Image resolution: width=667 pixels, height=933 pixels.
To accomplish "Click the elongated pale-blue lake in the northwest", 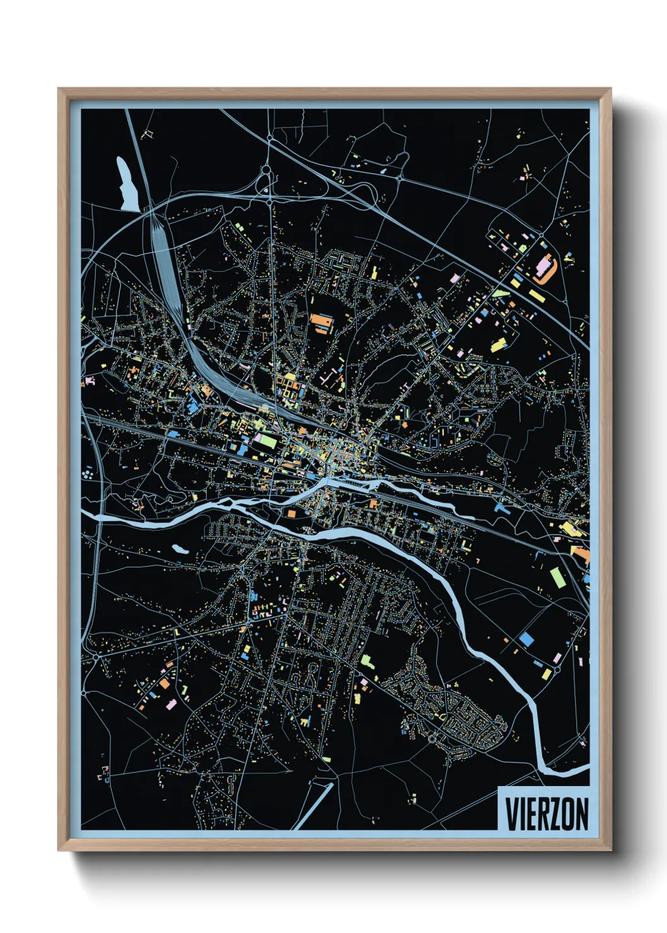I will (x=126, y=184).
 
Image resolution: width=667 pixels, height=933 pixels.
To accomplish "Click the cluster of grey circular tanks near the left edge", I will (x=88, y=472).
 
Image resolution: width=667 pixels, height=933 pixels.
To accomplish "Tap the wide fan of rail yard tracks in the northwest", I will (x=165, y=265).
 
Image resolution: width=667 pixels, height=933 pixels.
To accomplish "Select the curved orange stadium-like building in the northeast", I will (x=546, y=267).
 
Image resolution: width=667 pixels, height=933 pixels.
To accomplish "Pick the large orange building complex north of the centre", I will (x=321, y=323).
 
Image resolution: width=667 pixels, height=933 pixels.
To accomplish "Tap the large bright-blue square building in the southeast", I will (x=526, y=639).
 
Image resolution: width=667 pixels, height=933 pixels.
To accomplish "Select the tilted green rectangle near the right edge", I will (x=556, y=577).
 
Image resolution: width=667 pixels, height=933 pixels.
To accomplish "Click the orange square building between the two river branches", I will (x=291, y=514).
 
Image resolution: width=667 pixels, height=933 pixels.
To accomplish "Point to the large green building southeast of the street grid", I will (x=366, y=661).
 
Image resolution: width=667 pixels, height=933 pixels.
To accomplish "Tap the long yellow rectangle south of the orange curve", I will (x=535, y=296).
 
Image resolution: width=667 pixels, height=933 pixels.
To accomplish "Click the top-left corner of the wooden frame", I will (x=59, y=90).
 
